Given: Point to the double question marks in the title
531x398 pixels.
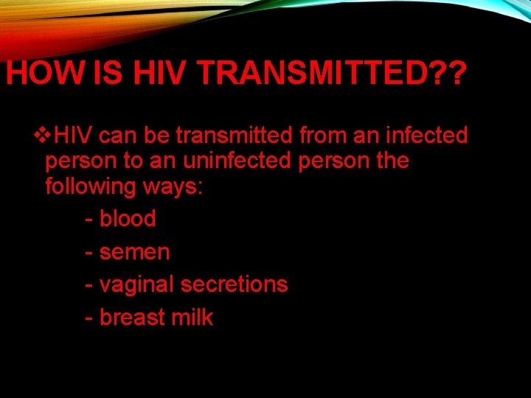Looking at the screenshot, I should point(445,74).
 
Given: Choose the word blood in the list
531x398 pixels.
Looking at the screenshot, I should point(128,219).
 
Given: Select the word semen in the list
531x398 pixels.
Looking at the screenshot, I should point(134,252).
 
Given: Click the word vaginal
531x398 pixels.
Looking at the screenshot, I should point(137,285).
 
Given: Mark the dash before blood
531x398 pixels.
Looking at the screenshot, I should point(88,220).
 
